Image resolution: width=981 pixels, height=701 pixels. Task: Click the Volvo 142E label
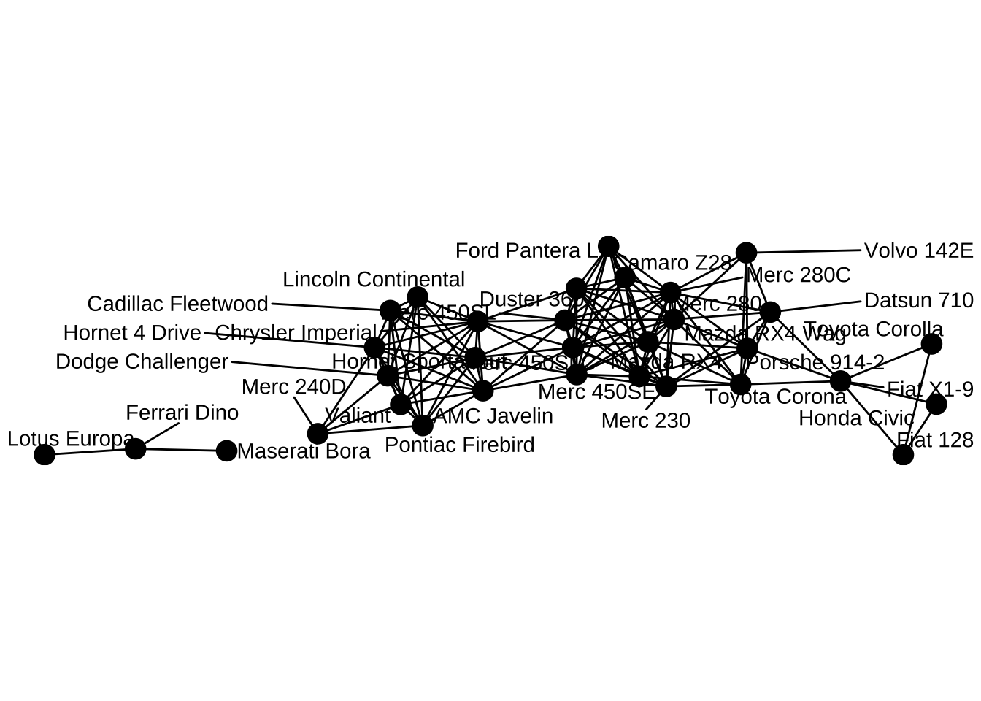(918, 250)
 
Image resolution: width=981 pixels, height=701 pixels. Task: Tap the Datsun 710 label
(918, 300)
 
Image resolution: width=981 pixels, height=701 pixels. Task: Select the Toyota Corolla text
(874, 329)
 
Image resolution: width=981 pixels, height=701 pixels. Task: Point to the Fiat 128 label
(935, 440)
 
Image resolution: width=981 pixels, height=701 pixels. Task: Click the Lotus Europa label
(71, 439)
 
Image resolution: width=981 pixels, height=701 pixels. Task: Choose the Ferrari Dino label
(182, 413)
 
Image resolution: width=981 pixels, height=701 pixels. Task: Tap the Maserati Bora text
(304, 451)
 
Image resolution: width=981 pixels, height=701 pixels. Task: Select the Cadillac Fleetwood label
(177, 304)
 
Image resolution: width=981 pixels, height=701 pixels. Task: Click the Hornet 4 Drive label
(132, 333)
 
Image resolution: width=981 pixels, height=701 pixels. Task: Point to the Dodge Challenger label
(142, 361)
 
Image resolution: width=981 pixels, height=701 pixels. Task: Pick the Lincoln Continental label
(373, 279)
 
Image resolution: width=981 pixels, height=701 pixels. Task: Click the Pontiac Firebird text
(459, 445)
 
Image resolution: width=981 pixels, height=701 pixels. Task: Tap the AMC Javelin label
(493, 416)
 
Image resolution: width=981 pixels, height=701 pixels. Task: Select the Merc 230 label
(645, 421)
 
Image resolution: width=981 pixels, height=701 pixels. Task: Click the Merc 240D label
(293, 386)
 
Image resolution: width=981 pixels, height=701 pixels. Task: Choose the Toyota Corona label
(775, 397)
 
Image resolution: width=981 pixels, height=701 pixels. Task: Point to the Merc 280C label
(799, 275)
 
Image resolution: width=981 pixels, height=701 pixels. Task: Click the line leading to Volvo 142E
(803, 251)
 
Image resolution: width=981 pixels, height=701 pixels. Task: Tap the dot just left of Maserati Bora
(227, 451)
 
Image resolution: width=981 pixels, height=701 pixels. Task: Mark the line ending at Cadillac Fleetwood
(328, 307)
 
